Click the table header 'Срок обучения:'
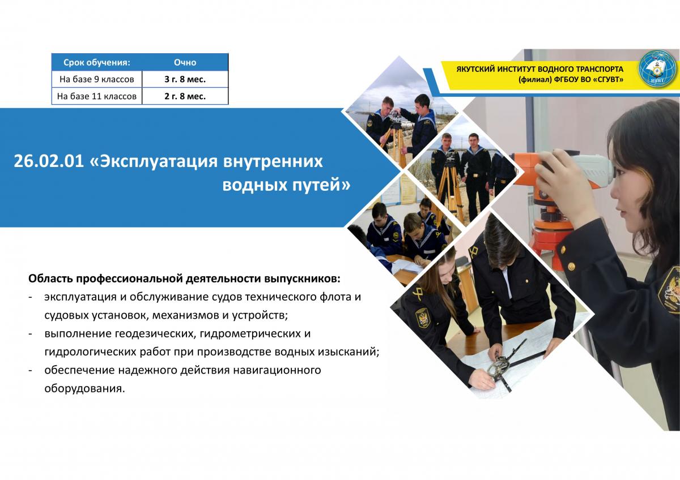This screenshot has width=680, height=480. [96, 62]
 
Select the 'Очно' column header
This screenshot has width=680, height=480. [185, 62]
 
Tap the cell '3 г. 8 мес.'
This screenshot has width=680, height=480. [185, 79]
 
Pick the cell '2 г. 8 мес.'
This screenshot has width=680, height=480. [185, 96]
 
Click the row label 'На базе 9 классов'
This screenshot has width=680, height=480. [96, 79]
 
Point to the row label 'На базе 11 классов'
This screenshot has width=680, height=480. [96, 96]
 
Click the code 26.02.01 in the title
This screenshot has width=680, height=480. [49, 161]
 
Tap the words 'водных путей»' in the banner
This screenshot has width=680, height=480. [286, 185]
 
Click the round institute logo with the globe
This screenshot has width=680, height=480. [657, 70]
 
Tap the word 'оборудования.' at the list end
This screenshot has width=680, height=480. [84, 389]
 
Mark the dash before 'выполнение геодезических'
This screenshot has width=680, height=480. [31, 334]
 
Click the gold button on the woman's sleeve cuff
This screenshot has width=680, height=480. [571, 267]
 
